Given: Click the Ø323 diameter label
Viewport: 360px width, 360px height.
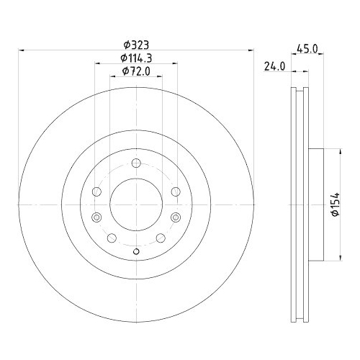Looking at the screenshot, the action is point(136,45).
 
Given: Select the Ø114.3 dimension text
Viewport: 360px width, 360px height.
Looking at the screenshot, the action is point(136,58).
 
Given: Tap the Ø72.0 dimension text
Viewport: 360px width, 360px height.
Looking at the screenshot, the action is point(136,71).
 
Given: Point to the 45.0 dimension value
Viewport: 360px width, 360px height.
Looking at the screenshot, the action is point(307,49).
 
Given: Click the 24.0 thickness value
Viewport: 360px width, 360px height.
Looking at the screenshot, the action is point(274,66).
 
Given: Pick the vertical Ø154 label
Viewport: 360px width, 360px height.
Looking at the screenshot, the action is point(336,204).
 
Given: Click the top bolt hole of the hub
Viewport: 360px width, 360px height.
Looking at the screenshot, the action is point(136,163).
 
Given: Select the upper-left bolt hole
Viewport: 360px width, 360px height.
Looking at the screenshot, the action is point(96,192).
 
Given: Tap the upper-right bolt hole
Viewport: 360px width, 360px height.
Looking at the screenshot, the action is point(176,192).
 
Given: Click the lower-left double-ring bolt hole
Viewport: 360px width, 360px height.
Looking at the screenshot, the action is point(96,217).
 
